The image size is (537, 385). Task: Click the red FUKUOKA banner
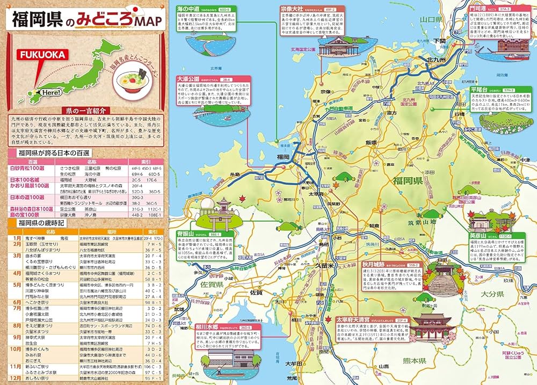pos(42,55)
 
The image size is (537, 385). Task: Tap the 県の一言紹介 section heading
pos(83,111)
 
